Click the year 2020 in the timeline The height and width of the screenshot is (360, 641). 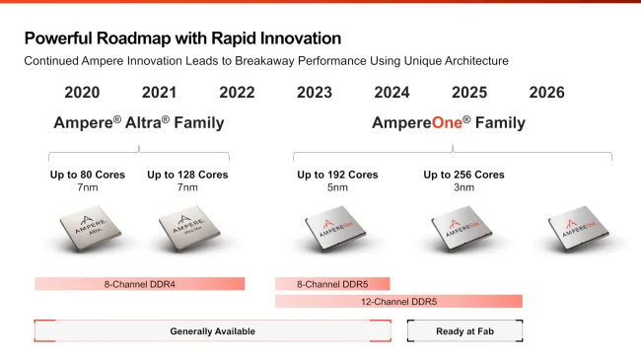[82, 93]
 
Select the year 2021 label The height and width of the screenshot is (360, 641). [159, 93]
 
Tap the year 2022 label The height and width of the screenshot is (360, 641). [237, 93]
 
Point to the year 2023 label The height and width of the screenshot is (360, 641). [315, 93]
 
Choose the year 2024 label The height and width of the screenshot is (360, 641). [392, 93]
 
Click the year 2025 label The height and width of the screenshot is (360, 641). [469, 93]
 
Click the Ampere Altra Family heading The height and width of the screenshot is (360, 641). [139, 123]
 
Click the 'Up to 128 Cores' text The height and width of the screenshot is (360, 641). [187, 175]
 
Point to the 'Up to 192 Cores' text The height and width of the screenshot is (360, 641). [338, 175]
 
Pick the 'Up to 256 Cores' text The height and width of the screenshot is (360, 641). [463, 175]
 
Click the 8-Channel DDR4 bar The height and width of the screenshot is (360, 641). [139, 284]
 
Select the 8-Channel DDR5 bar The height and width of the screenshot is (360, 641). [332, 284]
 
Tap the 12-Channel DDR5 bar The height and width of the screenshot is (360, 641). [398, 301]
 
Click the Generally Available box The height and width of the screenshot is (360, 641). [212, 331]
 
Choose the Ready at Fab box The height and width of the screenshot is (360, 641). [464, 331]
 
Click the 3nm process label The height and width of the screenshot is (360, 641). [463, 187]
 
